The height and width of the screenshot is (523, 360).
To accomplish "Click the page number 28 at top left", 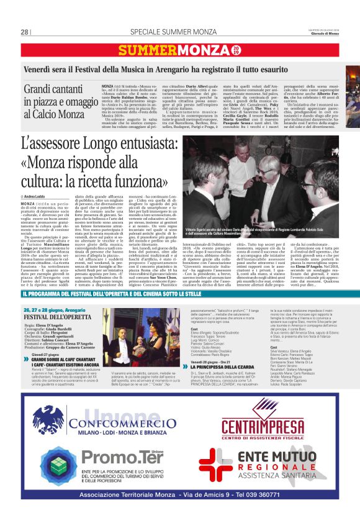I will [25, 32].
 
